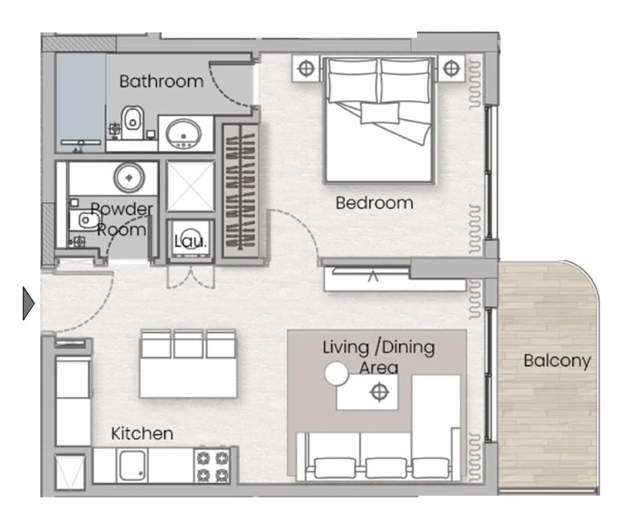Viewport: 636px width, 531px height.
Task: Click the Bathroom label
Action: pyautogui.click(x=161, y=81)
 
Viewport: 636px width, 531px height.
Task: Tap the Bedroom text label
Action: pyautogui.click(x=374, y=203)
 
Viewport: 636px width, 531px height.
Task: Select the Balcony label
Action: pyautogui.click(x=557, y=361)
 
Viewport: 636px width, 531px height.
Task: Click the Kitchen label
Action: pyautogui.click(x=142, y=433)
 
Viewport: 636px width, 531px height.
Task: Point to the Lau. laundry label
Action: pyautogui.click(x=190, y=241)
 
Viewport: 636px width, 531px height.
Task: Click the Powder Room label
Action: pyautogui.click(x=122, y=219)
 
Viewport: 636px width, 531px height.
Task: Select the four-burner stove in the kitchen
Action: pyautogui.click(x=213, y=466)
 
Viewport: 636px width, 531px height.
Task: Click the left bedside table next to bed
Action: pyautogui.click(x=305, y=69)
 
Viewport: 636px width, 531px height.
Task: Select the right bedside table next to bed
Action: pyautogui.click(x=452, y=69)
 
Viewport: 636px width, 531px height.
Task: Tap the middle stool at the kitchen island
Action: pyautogui.click(x=188, y=344)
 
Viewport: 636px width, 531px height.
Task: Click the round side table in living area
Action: pyautogui.click(x=336, y=374)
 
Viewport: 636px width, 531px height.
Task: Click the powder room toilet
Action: pyautogui.click(x=85, y=221)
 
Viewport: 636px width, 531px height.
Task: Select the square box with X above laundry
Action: pyautogui.click(x=190, y=186)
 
